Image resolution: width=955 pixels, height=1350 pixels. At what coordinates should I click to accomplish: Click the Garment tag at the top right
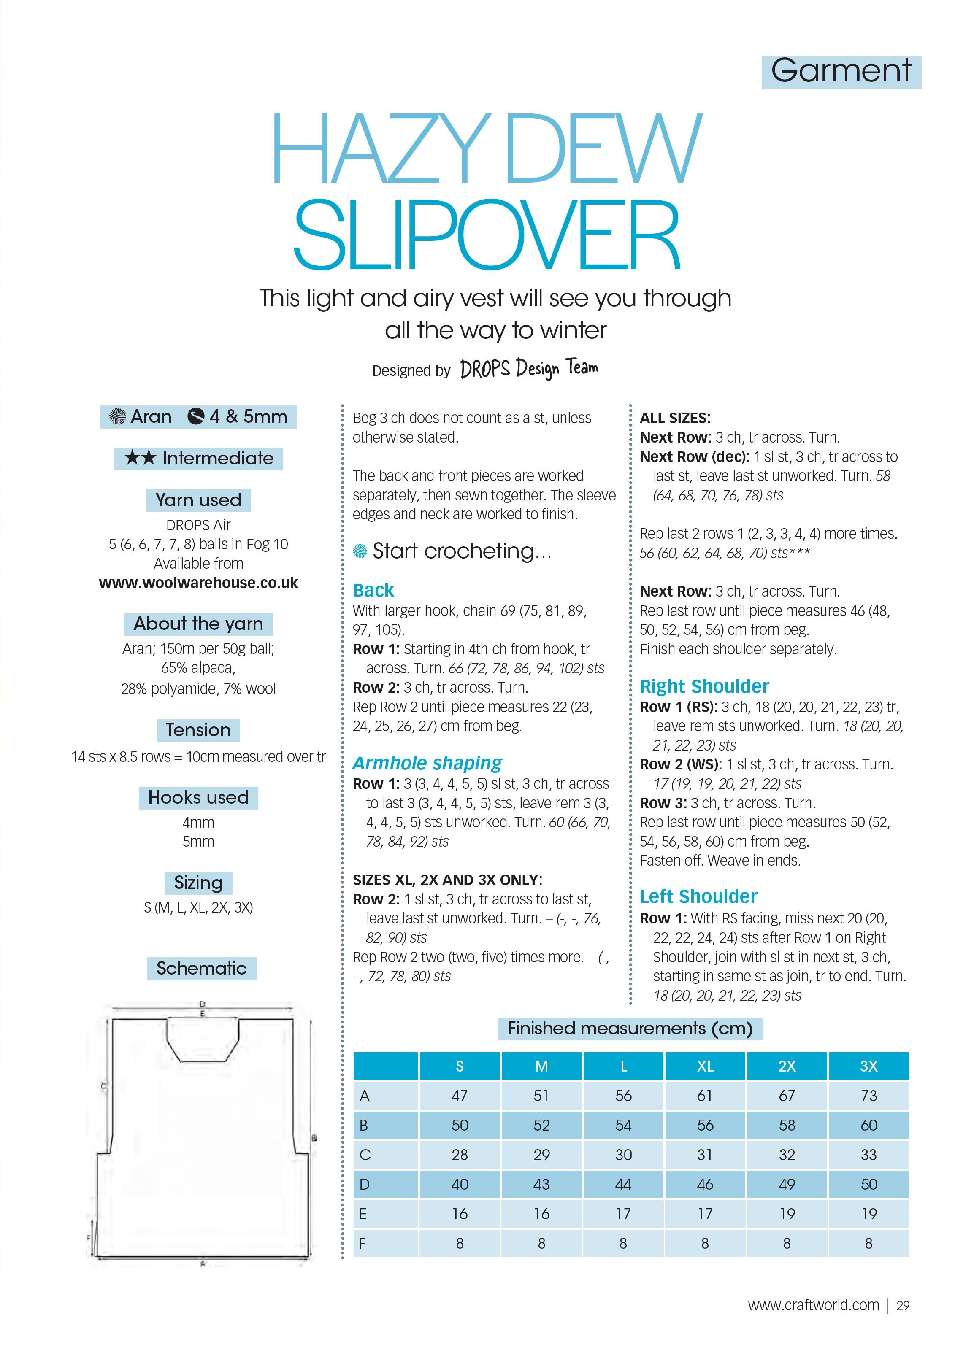[x=841, y=72]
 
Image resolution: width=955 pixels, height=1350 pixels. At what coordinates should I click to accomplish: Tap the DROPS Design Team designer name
[x=529, y=369]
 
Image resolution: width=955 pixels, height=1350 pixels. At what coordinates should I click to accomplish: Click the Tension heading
[x=198, y=730]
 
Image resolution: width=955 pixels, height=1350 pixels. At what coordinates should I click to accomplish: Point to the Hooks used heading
[x=198, y=797]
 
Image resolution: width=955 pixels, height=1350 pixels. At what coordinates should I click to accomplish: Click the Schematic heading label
[x=202, y=968]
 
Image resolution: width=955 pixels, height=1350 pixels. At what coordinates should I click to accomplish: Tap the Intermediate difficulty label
[x=198, y=458]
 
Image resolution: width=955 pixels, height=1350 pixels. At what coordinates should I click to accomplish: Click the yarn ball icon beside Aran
[x=118, y=417]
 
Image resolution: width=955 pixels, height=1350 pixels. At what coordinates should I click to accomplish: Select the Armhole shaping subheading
[x=427, y=763]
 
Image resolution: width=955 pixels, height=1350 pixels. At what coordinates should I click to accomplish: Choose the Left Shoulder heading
[x=698, y=896]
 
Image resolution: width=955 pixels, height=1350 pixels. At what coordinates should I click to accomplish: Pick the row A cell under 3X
[x=868, y=1096]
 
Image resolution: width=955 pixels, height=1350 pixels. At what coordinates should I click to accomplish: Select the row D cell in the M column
[x=541, y=1184]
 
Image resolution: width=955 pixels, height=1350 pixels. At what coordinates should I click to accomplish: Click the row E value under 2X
[x=786, y=1214]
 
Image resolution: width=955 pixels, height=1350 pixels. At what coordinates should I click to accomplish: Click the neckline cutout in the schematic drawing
[x=202, y=1056]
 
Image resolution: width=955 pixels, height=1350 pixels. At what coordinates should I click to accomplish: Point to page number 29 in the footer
[x=903, y=1306]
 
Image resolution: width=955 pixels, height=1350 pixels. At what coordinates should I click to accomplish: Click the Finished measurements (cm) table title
[x=630, y=1029]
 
